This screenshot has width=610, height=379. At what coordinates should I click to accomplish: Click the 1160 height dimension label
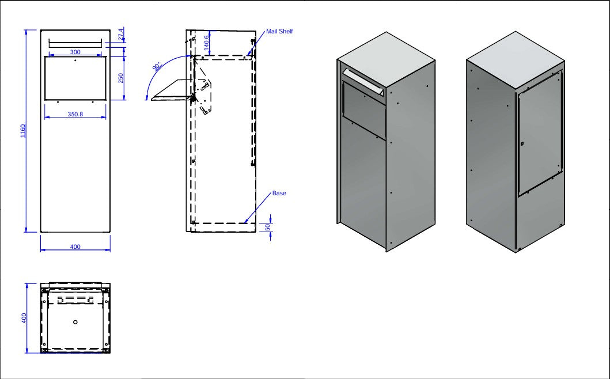point(23,131)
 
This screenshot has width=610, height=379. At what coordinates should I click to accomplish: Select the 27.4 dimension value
point(121,34)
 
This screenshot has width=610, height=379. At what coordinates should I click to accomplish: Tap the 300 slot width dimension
point(75,52)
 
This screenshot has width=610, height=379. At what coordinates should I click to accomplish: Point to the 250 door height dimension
point(120,78)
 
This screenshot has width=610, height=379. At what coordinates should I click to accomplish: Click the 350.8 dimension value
point(75,114)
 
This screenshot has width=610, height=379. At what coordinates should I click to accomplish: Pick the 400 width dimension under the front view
point(75,247)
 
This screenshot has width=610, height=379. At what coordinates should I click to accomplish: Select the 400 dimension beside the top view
point(24,318)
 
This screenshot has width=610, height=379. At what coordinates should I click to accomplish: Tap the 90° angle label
point(157,67)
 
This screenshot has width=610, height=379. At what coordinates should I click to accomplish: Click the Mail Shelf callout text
point(279,31)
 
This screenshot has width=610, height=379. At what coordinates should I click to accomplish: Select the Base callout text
point(279,193)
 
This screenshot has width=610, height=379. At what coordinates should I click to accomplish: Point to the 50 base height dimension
point(268,227)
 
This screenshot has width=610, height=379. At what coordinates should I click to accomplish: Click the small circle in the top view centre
point(75,322)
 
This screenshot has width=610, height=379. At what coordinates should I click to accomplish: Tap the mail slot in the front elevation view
point(75,43)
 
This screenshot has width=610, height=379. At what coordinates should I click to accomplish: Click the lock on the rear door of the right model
point(522,144)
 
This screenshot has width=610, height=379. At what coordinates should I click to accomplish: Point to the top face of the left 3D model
point(386,59)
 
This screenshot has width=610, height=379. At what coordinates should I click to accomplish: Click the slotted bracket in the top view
point(75,300)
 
